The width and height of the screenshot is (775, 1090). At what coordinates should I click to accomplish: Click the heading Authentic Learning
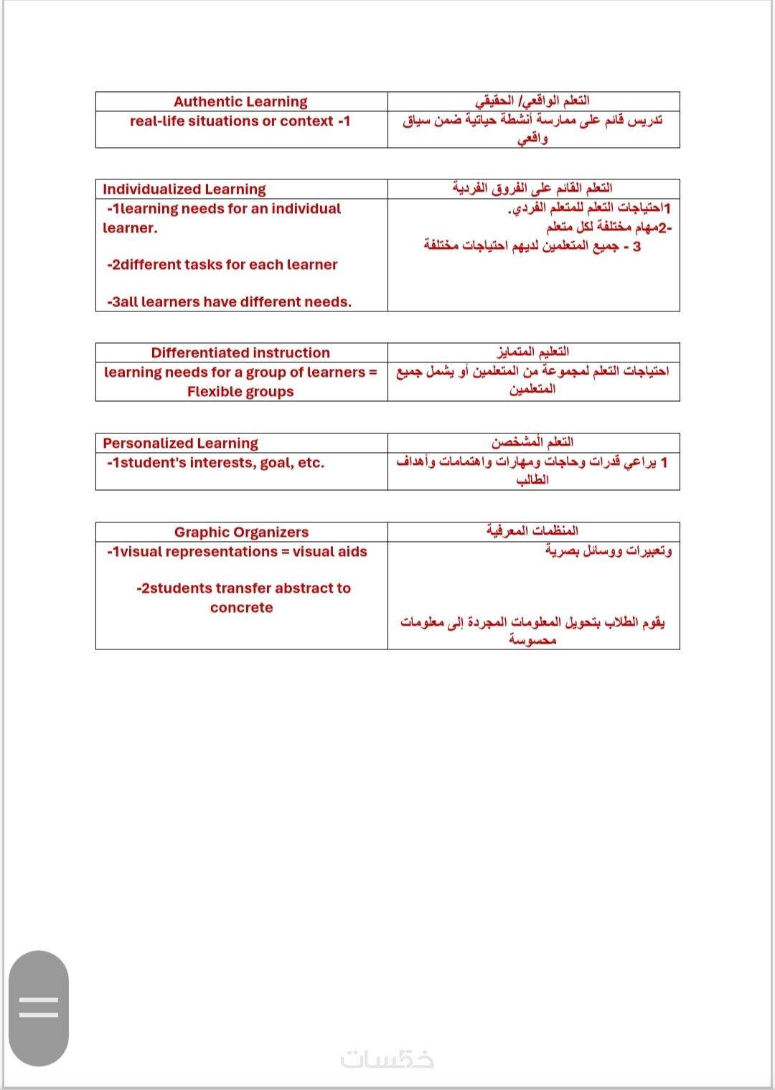click(240, 102)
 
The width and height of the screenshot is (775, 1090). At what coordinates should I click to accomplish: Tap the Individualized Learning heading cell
click(184, 189)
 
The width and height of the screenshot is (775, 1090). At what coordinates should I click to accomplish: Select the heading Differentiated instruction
click(240, 353)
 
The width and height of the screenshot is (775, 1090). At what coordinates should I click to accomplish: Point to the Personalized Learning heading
click(180, 443)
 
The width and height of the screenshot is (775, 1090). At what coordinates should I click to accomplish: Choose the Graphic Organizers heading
click(241, 532)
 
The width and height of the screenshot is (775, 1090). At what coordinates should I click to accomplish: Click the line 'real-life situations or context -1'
click(240, 121)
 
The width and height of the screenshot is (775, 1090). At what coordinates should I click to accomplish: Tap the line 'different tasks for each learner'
click(222, 265)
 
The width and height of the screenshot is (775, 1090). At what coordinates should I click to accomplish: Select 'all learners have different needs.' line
click(230, 302)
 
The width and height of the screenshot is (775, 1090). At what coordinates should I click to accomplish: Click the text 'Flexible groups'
click(240, 392)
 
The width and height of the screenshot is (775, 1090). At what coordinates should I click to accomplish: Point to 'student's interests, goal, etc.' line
click(216, 463)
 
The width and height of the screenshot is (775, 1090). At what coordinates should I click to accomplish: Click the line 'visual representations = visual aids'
click(237, 552)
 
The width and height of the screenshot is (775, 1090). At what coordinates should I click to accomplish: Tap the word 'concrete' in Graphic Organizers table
click(242, 608)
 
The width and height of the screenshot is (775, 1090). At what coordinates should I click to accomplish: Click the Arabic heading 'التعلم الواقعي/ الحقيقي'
click(532, 100)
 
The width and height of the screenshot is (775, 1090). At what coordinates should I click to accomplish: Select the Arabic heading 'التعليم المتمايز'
click(533, 352)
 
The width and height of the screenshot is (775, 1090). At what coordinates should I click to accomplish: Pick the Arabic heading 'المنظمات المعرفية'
click(532, 531)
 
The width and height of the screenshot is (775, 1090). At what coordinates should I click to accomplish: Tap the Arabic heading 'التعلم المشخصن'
click(532, 442)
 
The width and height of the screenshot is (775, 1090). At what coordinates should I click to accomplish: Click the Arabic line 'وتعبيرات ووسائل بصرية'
click(609, 550)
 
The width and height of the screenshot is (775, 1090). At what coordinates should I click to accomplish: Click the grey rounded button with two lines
click(39, 1007)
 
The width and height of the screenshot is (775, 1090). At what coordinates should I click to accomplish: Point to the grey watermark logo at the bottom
click(387, 1059)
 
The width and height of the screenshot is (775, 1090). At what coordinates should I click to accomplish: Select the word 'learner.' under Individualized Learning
click(130, 228)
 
